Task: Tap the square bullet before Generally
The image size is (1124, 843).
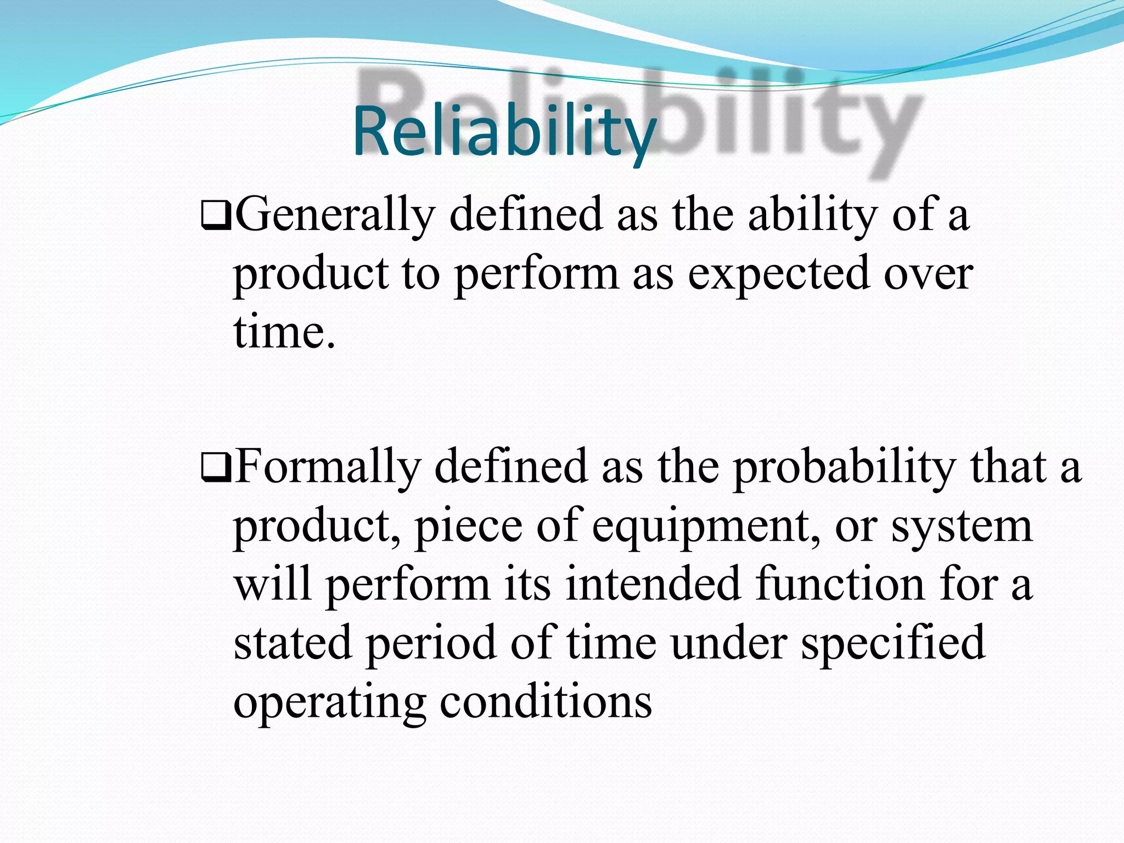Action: [x=216, y=217]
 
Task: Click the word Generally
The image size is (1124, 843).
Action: [x=335, y=215]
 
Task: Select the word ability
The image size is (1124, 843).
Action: [x=812, y=215]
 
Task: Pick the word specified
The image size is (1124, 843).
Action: [x=892, y=644]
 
